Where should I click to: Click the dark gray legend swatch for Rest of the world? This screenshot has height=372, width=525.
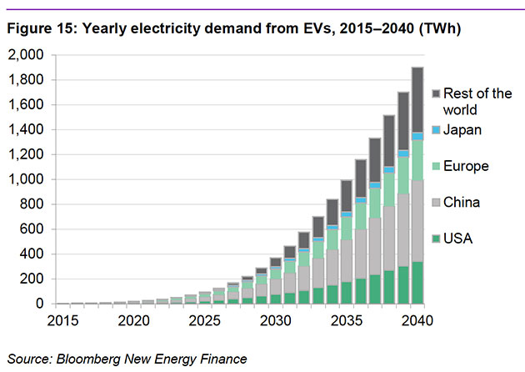(x=436, y=93)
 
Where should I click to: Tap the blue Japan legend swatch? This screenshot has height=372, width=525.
(x=436, y=130)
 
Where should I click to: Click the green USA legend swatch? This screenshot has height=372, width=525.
(x=436, y=239)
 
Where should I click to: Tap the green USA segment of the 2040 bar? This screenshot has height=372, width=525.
(x=417, y=283)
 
